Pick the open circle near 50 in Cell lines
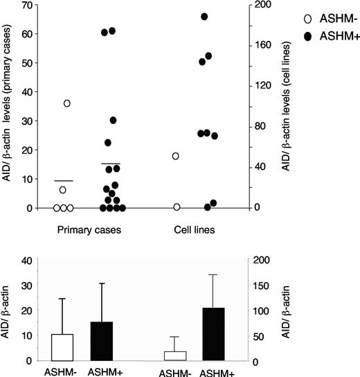point(176,156)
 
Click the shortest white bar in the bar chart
point(175,356)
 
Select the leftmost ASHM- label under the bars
point(62,371)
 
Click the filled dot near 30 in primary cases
point(113,120)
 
